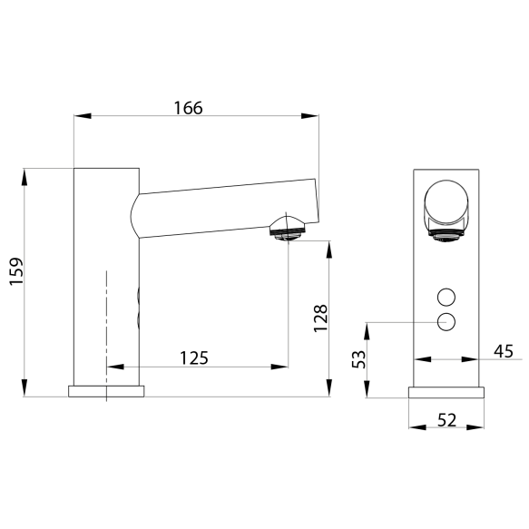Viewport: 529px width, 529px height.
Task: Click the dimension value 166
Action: pos(188,108)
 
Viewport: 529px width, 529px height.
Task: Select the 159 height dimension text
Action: pos(15,271)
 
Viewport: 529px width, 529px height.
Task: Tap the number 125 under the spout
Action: pos(194,358)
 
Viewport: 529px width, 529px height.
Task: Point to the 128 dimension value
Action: pos(320,318)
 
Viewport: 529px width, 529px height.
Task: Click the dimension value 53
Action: pos(358,359)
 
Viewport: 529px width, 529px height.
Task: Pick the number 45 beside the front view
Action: pos(504,351)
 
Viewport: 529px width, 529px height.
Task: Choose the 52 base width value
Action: pos(446,420)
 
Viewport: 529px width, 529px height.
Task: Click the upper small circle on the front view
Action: pos(446,298)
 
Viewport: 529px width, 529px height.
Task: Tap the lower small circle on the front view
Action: pos(446,321)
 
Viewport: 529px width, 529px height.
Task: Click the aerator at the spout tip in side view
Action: pos(287,229)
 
